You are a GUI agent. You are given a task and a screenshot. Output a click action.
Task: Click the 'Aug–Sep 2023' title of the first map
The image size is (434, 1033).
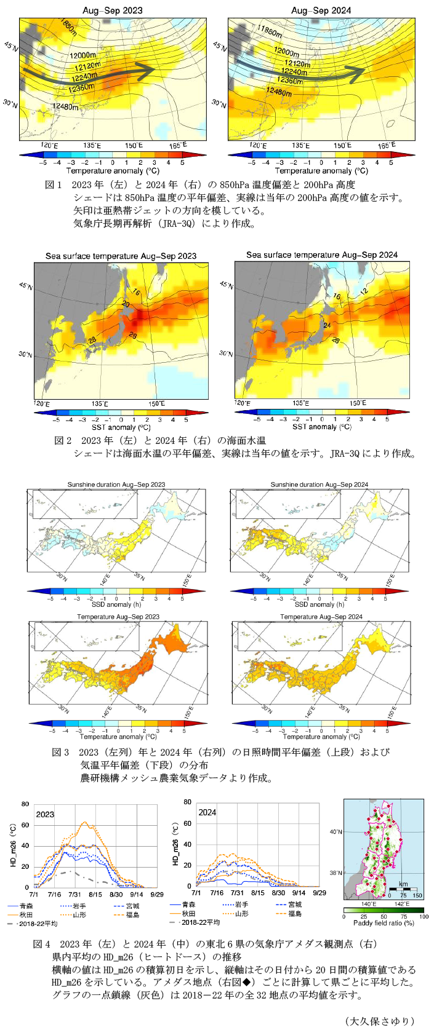point(113,10)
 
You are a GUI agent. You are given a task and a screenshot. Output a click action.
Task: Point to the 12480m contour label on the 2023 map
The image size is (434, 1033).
point(65,106)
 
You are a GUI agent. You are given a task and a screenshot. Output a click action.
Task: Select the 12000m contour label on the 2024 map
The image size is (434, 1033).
point(287,52)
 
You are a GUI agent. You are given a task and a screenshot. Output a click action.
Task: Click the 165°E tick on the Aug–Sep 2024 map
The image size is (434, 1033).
point(386,145)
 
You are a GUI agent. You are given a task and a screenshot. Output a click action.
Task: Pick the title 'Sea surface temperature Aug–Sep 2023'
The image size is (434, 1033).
point(121,256)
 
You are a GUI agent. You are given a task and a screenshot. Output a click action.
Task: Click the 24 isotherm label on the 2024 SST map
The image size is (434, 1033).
point(327,325)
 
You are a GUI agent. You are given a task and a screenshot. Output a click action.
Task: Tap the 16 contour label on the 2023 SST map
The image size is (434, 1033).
point(136,292)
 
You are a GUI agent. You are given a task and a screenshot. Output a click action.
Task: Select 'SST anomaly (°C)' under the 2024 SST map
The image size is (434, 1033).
point(322,427)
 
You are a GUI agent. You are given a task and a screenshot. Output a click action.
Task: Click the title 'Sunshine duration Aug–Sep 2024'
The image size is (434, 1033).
point(319,485)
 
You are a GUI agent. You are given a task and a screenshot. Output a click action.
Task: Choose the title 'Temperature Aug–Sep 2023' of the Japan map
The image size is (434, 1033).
point(118,617)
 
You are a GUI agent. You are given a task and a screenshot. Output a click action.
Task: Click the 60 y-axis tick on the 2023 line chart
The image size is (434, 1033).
point(25,825)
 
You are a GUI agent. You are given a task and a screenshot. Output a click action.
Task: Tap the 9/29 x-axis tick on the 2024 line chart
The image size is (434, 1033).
point(319,893)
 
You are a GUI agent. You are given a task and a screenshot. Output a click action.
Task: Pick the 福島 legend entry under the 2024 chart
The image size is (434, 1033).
point(295,914)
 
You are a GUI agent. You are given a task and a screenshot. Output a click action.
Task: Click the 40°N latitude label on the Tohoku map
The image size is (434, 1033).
point(336,832)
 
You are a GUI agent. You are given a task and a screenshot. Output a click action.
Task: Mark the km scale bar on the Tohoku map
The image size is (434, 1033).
point(403,889)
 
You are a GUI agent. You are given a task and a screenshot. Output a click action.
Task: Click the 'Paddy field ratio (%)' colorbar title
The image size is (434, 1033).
point(384,924)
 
